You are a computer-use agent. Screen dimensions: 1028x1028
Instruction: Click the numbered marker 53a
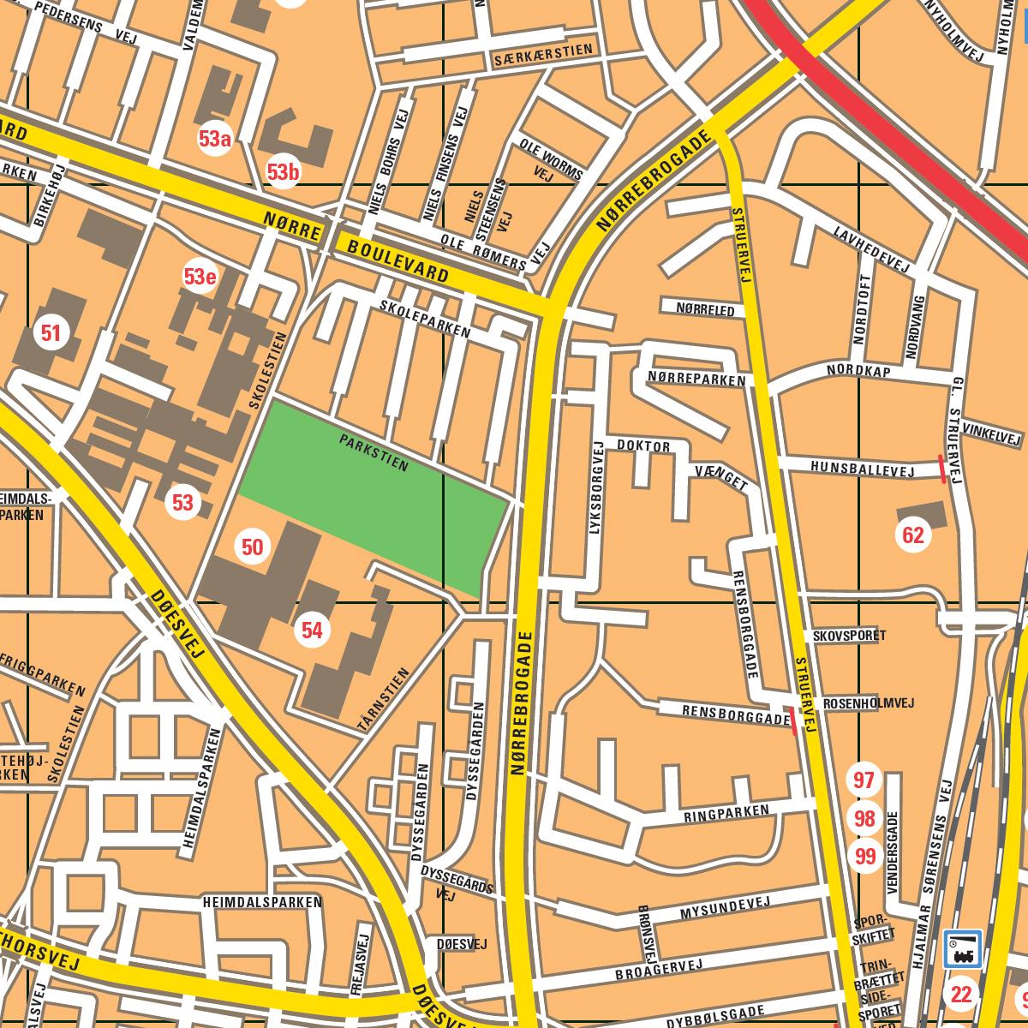[x=215, y=139]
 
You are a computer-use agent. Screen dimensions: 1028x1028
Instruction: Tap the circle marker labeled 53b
[x=283, y=172]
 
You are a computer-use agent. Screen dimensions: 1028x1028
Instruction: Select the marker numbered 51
[x=51, y=333]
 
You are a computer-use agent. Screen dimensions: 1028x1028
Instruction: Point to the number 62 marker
[x=913, y=536]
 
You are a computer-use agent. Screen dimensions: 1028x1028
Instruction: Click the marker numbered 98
[x=864, y=819]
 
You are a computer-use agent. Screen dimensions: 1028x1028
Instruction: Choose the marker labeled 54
[x=312, y=631]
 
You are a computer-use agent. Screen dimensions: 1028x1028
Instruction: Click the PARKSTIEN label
[x=374, y=453]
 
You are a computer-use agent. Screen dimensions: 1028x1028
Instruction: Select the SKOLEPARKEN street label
[x=426, y=318]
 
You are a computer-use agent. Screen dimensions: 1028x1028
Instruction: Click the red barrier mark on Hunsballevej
[x=942, y=469]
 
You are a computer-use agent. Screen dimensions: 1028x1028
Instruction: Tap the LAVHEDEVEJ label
[x=871, y=249]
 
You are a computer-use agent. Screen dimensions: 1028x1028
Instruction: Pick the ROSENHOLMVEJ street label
[x=868, y=703]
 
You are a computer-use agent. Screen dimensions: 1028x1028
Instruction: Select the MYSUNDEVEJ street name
[x=726, y=909]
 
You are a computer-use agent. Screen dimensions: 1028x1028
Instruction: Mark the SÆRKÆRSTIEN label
[x=542, y=55]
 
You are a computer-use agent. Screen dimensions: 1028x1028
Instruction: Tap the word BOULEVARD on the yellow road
[x=398, y=261]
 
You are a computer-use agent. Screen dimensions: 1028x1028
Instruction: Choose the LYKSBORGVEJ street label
[x=598, y=489]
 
